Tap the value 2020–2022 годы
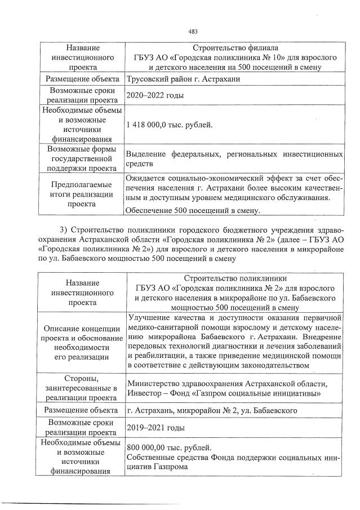pyautogui.click(x=155, y=96)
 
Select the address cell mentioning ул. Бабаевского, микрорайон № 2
pyautogui.click(x=212, y=411)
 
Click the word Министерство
pyautogui.click(x=154, y=384)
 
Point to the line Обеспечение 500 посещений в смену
pyautogui.click(x=194, y=211)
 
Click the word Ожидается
pyautogui.click(x=147, y=179)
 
